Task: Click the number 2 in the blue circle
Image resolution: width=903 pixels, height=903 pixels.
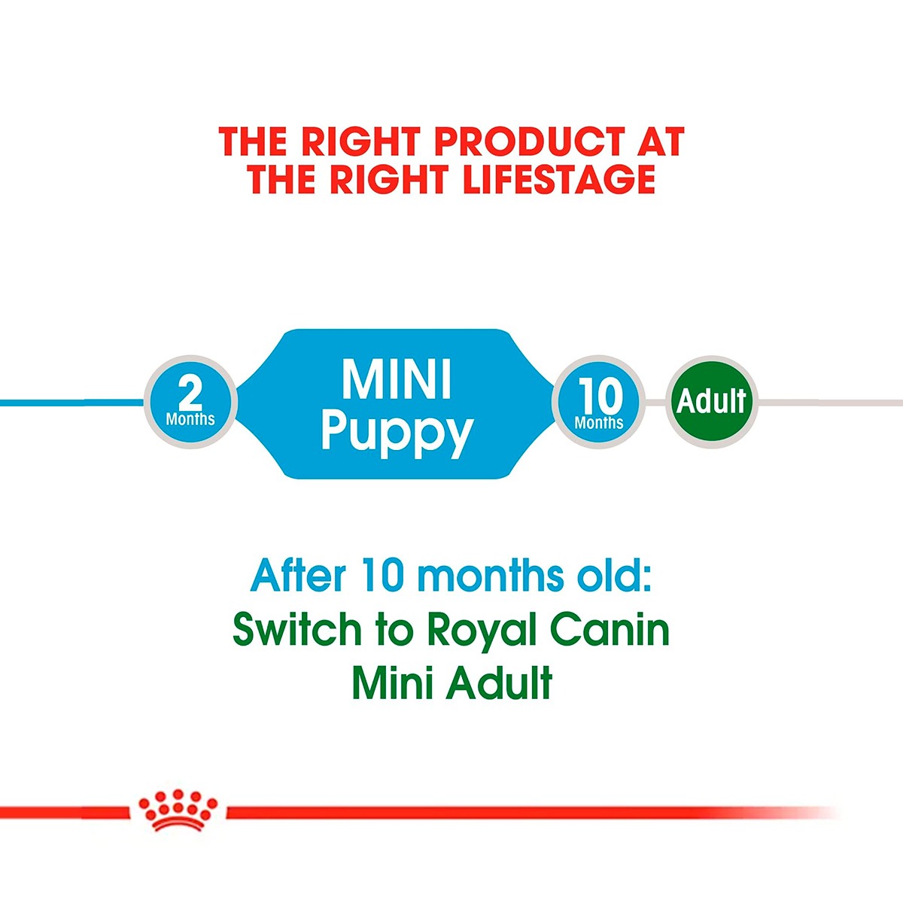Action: click(x=190, y=392)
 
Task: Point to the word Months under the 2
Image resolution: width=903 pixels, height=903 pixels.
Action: click(x=190, y=419)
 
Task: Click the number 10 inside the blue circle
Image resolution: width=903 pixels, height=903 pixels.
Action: click(x=600, y=395)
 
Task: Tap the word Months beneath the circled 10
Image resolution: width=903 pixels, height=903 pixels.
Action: click(x=599, y=423)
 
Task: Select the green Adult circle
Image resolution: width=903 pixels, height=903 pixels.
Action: click(x=711, y=402)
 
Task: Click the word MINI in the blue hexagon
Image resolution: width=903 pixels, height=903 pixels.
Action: click(x=397, y=380)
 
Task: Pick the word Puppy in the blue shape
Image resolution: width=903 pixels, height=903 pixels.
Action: click(x=397, y=432)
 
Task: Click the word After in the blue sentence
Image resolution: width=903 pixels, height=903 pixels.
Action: click(x=298, y=576)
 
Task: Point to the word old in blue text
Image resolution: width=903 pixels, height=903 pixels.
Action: click(x=610, y=576)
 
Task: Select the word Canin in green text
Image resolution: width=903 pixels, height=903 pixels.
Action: click(x=610, y=631)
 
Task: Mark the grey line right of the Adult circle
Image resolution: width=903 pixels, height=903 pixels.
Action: click(x=828, y=403)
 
